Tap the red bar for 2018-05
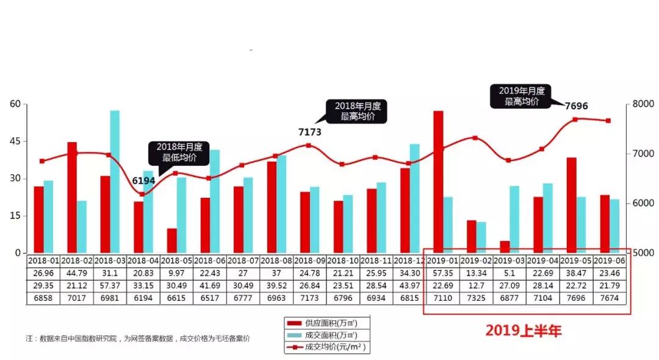[171, 240]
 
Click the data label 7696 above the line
[576, 106]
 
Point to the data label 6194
[144, 181]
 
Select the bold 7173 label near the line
[309, 132]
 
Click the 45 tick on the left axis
[15, 141]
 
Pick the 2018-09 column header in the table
[309, 259]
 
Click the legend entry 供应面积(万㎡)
[330, 323]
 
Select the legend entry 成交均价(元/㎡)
[330, 347]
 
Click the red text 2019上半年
[523, 331]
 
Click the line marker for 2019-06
[608, 121]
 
